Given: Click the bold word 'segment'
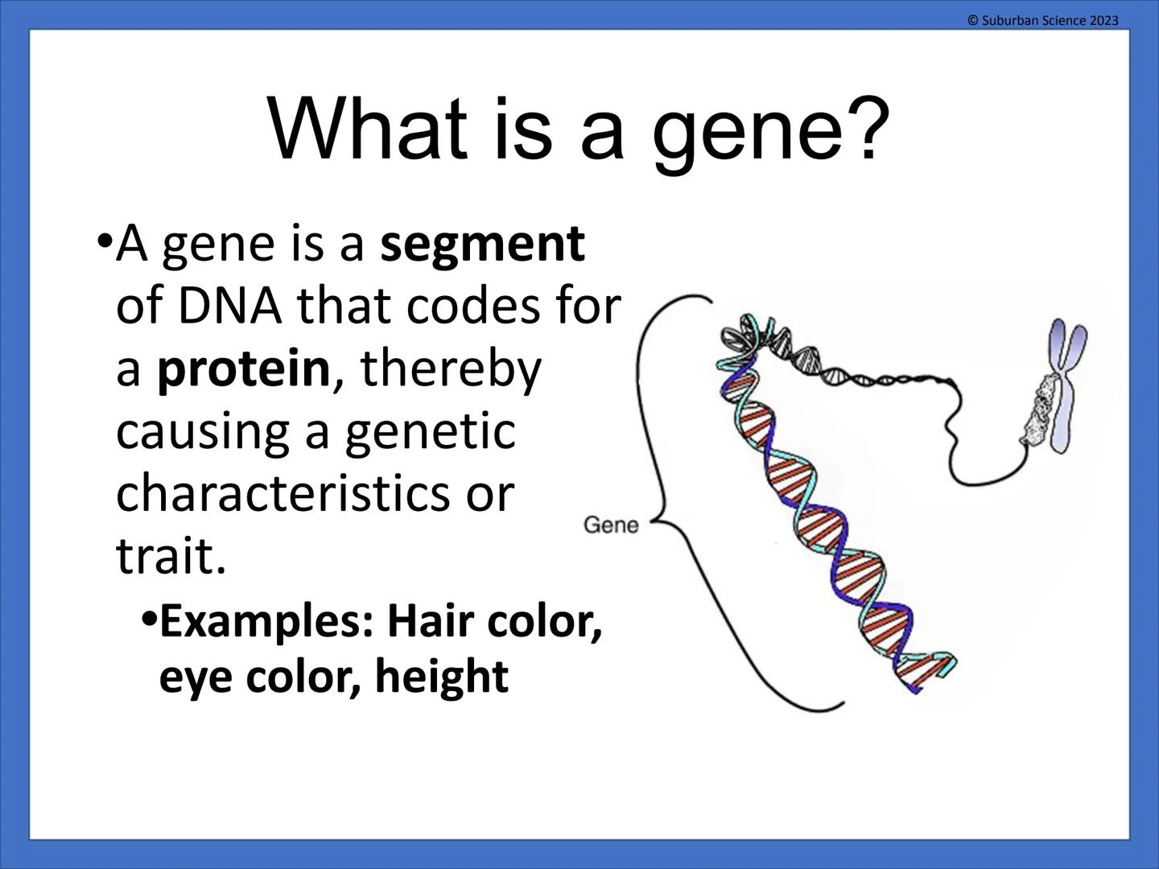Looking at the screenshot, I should click(482, 245).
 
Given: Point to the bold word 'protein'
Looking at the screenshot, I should click(243, 369).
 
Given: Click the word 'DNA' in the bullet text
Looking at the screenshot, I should click(230, 307).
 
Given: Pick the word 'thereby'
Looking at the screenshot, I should click(451, 369).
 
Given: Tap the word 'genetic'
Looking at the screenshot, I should click(430, 432).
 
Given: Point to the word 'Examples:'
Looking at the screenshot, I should click(266, 622).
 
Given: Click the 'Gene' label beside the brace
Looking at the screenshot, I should click(610, 525).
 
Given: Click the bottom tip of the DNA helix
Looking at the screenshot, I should click(918, 688).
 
